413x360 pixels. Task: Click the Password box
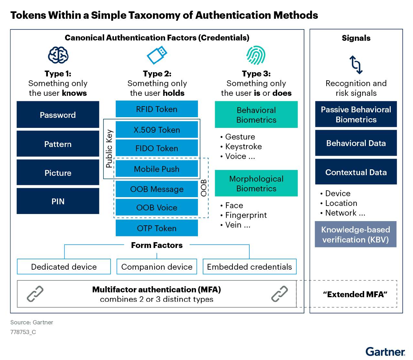pos(58,115)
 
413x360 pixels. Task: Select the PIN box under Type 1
pos(58,201)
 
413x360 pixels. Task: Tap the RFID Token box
pos(157,109)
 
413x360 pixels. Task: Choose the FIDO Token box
pos(157,148)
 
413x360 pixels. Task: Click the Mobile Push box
pos(157,169)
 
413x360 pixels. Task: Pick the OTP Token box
pos(157,228)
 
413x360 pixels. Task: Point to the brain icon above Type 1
pos(58,55)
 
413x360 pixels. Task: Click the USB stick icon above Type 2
pos(157,55)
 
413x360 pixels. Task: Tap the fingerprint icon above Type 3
pos(256,55)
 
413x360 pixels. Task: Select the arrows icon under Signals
pos(356,64)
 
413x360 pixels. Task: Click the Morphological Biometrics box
pos(256,183)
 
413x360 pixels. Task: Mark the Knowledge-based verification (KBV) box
pos(355,234)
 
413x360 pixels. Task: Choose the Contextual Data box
pos(356,172)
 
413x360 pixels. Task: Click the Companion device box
pos(157,266)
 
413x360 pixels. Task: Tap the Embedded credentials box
pos(249,266)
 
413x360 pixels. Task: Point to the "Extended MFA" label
pos(355,294)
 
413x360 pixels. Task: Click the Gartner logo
pos(385,352)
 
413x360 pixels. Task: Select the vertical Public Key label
pos(109,149)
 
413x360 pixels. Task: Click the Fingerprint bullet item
pos(246,215)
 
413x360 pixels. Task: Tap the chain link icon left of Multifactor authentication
pos(35,294)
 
